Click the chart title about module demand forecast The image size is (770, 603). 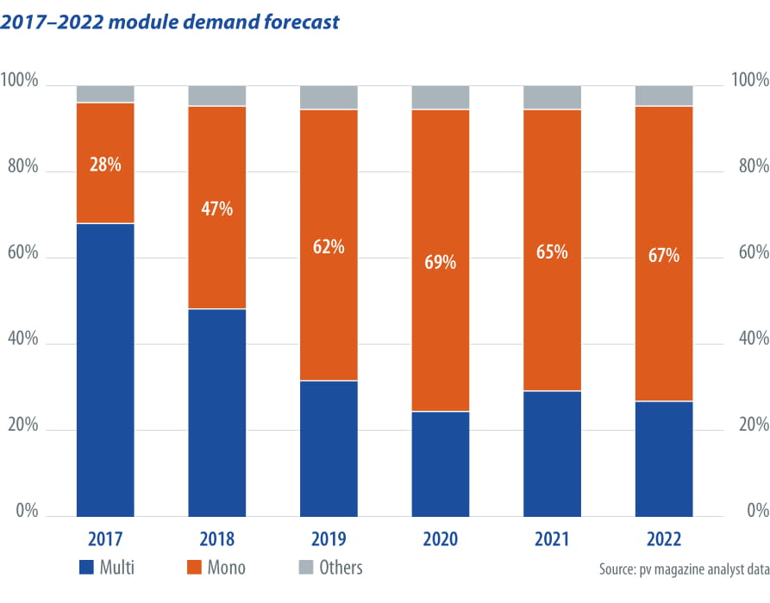pyautogui.click(x=170, y=21)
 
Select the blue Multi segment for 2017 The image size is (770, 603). pyautogui.click(x=105, y=370)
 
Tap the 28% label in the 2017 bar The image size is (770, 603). pyautogui.click(x=105, y=164)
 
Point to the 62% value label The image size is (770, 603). pyautogui.click(x=329, y=247)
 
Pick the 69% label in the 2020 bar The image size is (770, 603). pyautogui.click(x=440, y=262)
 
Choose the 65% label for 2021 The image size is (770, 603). pyautogui.click(x=552, y=252)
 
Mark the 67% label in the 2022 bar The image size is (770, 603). pyautogui.click(x=663, y=256)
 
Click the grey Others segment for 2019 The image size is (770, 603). pyautogui.click(x=329, y=97)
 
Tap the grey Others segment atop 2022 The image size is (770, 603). pyautogui.click(x=663, y=96)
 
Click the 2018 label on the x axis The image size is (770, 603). pyautogui.click(x=216, y=539)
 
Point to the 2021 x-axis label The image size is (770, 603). pyautogui.click(x=552, y=539)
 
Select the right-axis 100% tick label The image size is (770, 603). pyautogui.click(x=749, y=81)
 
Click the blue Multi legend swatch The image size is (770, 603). pyautogui.click(x=86, y=568)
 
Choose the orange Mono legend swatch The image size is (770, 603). pyautogui.click(x=196, y=568)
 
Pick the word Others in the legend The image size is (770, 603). pyautogui.click(x=341, y=568)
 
